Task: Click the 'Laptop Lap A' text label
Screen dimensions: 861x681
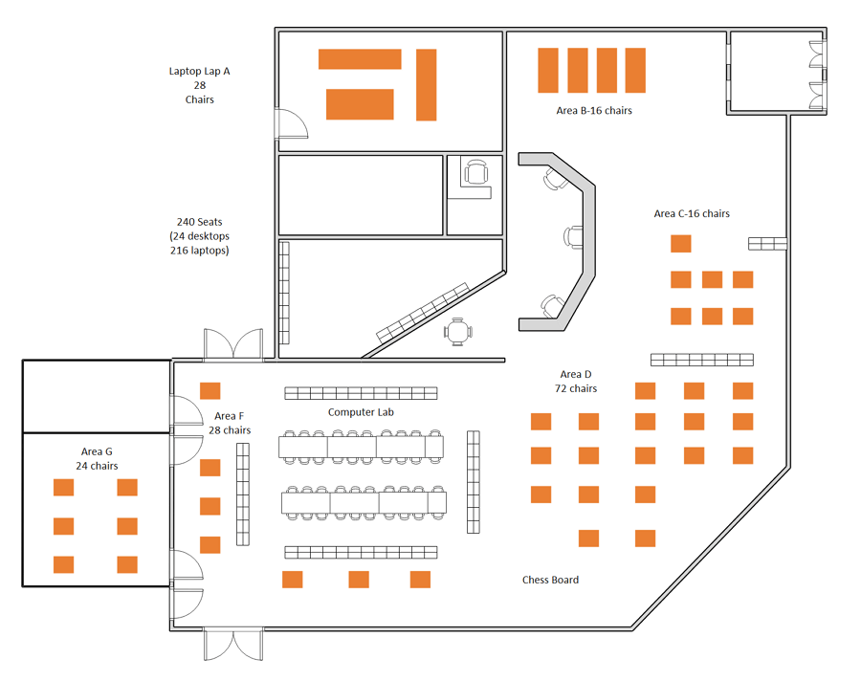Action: [199, 72]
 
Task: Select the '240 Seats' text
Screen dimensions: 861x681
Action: [199, 222]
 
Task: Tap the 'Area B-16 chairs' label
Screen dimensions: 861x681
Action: [594, 110]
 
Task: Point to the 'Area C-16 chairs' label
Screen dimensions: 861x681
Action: [692, 213]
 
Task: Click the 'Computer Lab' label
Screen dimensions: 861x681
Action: [361, 412]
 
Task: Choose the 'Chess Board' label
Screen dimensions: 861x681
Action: [550, 580]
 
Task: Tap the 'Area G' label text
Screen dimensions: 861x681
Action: [97, 451]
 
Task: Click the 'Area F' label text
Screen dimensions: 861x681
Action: [229, 416]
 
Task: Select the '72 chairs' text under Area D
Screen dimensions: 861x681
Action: [576, 389]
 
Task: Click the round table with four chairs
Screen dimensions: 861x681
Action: [458, 332]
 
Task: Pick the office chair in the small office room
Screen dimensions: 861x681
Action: [475, 172]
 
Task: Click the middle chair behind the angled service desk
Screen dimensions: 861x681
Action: [573, 236]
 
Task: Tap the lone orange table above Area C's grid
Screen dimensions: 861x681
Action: [681, 244]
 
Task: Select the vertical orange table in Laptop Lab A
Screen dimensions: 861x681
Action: [426, 84]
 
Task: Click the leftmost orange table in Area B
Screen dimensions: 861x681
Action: [548, 70]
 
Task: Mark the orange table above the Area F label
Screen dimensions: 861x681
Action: [210, 391]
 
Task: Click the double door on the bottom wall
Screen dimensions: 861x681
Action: [233, 645]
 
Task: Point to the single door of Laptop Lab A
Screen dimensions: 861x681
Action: [291, 124]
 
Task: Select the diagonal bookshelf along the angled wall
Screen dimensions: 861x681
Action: [423, 313]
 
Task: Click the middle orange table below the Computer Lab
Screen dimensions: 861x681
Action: [359, 580]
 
